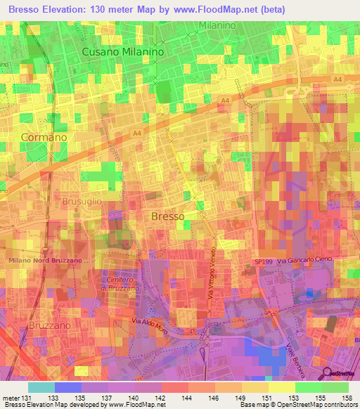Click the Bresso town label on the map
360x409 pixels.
[x=168, y=216]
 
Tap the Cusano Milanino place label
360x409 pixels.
[x=123, y=52]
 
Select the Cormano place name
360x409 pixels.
[x=44, y=137]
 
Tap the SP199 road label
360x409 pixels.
[x=263, y=261]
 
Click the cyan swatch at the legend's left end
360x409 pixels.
[x=41, y=387]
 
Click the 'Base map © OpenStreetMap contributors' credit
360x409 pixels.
[x=299, y=405]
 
